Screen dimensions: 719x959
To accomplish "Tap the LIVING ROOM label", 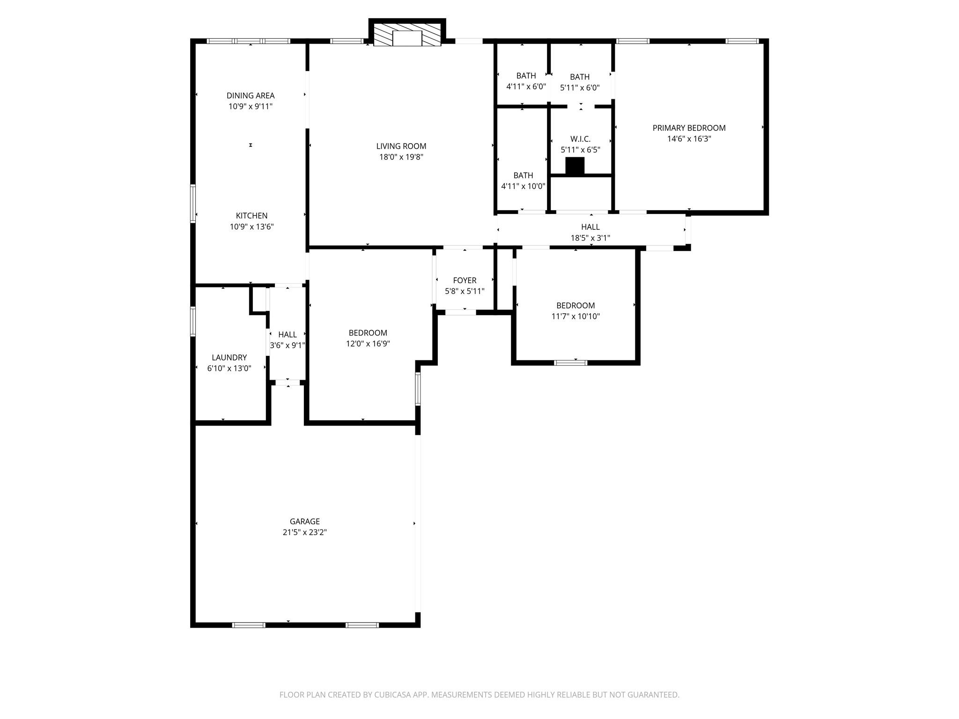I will pos(401,146).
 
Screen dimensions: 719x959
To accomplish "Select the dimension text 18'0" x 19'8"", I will pos(401,157).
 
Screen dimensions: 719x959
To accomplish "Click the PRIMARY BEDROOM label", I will pos(689,128).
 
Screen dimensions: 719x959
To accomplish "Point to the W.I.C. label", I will pos(580,139).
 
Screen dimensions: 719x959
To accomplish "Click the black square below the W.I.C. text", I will pos(575,166).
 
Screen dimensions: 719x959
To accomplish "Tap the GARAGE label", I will pos(304,521).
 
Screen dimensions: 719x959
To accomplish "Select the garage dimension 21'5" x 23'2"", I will pos(304,532).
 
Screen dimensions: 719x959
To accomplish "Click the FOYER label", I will pos(465,280).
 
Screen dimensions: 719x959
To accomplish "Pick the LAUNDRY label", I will pos(229,358).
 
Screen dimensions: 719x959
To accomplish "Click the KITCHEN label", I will pos(251,216).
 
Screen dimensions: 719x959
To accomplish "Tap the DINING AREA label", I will pos(251,95).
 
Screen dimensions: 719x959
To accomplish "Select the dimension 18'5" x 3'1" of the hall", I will pos(590,238).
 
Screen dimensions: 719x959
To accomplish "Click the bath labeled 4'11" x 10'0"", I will pos(523,181).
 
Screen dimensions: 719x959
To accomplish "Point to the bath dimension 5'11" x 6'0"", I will pos(580,88).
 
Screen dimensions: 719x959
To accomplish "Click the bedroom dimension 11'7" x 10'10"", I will pos(575,316).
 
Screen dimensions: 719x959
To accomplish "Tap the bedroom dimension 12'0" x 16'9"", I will pos(368,344).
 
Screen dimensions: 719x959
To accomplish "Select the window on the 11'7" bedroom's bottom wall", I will pos(570,362).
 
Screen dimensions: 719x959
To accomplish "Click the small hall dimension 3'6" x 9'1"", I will pos(287,345).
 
